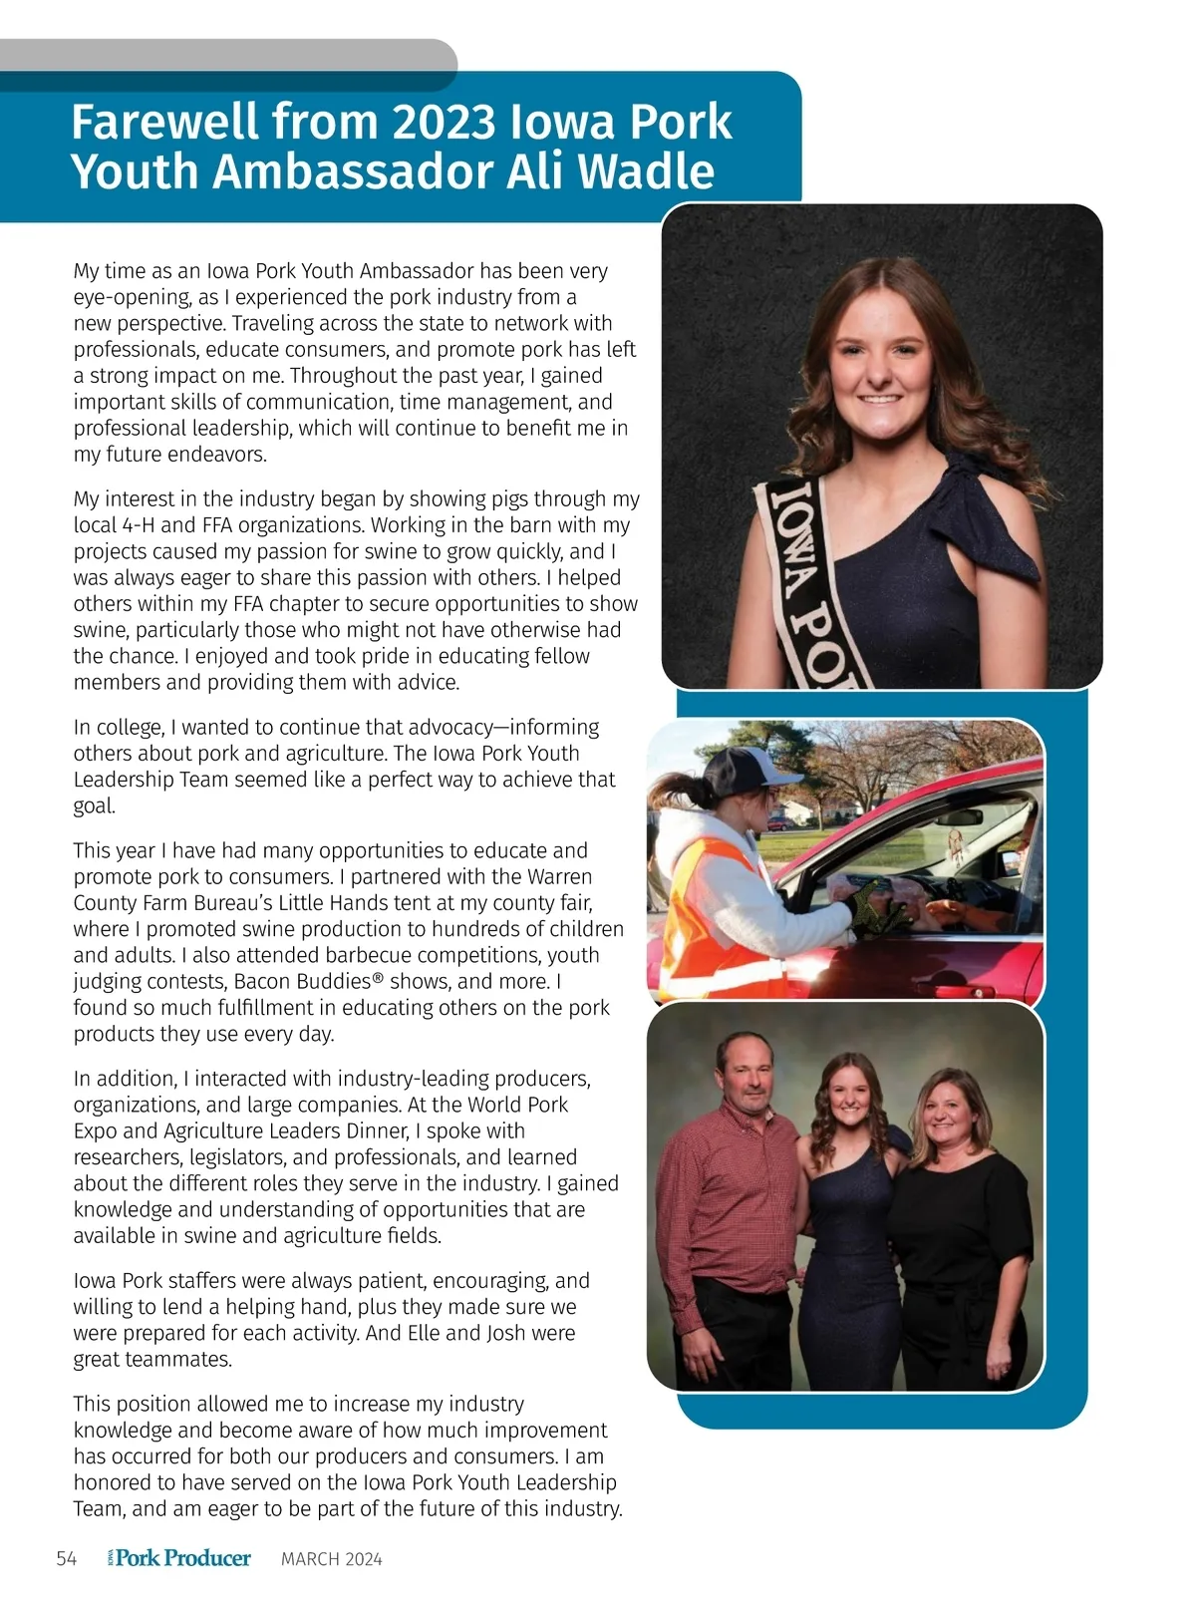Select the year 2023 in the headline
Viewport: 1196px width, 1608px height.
click(x=443, y=123)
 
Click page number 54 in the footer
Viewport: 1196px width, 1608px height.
click(x=67, y=1559)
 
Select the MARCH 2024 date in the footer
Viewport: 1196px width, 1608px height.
click(x=331, y=1560)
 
